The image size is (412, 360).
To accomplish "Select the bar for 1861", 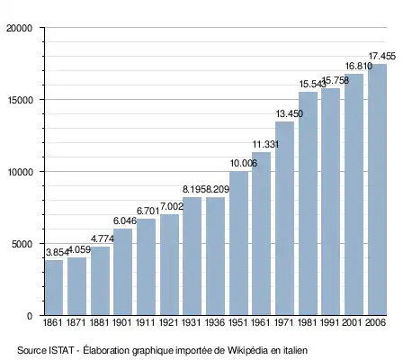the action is (54, 287).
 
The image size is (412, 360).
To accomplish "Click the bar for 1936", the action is (215, 256).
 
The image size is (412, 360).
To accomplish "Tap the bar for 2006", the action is (377, 190).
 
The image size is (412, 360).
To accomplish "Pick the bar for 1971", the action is (284, 219).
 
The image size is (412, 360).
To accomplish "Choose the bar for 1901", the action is (122, 272).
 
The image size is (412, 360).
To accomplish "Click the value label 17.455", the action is (381, 56).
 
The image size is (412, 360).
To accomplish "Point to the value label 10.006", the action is (244, 163).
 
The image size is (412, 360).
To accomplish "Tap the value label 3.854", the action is (58, 253).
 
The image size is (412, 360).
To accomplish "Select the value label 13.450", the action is (290, 113).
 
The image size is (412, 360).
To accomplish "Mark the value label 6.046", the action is (125, 220).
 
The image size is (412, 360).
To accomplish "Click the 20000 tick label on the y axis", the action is (19, 28).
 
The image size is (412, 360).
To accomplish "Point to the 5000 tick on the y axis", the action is (22, 244).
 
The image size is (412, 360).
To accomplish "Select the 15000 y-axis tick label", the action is (19, 100).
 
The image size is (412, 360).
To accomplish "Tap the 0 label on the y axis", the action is (30, 316).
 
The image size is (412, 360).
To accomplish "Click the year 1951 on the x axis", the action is (238, 323).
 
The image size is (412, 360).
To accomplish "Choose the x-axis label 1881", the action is (100, 323).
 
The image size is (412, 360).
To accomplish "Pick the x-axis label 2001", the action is (353, 323).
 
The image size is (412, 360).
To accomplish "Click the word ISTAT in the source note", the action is (61, 350).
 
